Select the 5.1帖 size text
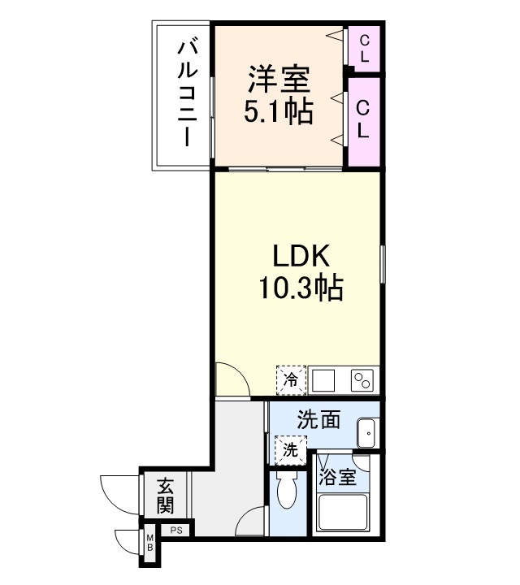click(279, 112)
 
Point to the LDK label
click(300, 258)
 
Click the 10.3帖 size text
click(300, 288)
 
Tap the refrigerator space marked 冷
click(291, 378)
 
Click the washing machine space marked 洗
click(290, 449)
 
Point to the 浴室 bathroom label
click(337, 476)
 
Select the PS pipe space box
click(175, 531)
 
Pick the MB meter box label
click(150, 543)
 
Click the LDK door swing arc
click(231, 379)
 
